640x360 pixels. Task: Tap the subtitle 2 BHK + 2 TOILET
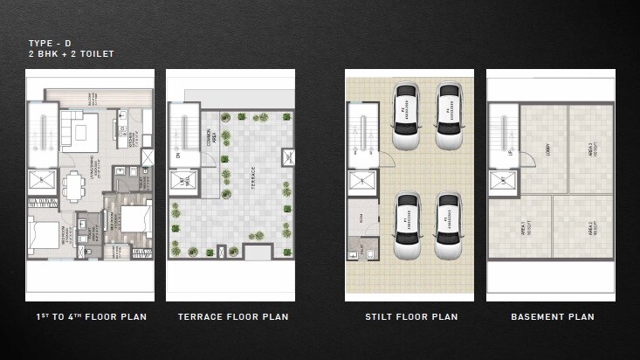pyautogui.click(x=70, y=53)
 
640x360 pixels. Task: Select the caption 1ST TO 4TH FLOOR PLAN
pyautogui.click(x=90, y=316)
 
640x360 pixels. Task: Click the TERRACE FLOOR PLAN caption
pyautogui.click(x=232, y=316)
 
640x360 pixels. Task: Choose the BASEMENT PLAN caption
pyautogui.click(x=552, y=316)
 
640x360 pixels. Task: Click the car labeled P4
pyautogui.click(x=448, y=114)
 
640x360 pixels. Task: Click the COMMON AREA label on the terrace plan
pyautogui.click(x=210, y=139)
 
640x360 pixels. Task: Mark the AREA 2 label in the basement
pyautogui.click(x=590, y=229)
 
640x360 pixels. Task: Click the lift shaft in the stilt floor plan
pyautogui.click(x=361, y=181)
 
